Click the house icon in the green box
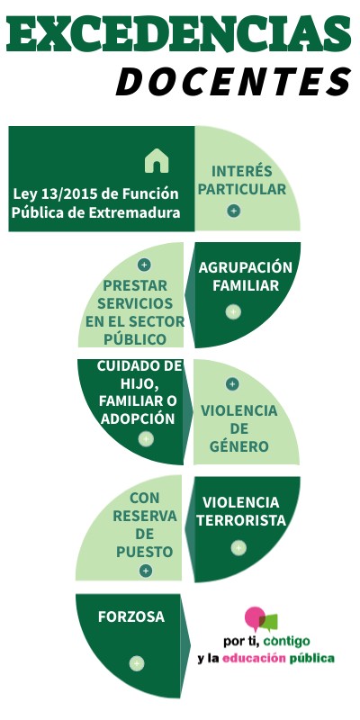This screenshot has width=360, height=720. click(x=157, y=161)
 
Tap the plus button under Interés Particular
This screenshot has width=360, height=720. click(x=234, y=211)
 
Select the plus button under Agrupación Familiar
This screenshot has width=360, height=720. click(x=233, y=311)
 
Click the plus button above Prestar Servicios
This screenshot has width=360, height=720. click(x=144, y=265)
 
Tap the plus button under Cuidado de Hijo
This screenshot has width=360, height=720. click(x=146, y=439)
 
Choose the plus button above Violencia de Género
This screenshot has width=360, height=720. click(x=232, y=384)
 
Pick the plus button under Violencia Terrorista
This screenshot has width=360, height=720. click(x=238, y=548)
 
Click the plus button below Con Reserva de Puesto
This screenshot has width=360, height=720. click(x=146, y=571)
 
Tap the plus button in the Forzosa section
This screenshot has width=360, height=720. click(x=137, y=663)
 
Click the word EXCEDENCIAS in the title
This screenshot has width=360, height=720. click(x=179, y=34)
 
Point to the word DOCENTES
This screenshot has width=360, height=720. click(x=234, y=82)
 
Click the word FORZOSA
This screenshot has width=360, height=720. click(x=131, y=616)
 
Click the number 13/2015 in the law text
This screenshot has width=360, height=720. click(x=68, y=194)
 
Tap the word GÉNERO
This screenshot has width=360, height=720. click(x=238, y=445)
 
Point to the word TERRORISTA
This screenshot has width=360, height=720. click(x=241, y=520)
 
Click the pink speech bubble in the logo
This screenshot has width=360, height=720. click(x=255, y=617)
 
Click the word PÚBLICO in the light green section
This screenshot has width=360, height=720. click(x=134, y=339)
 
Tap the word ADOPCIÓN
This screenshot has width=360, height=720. click(x=138, y=418)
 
